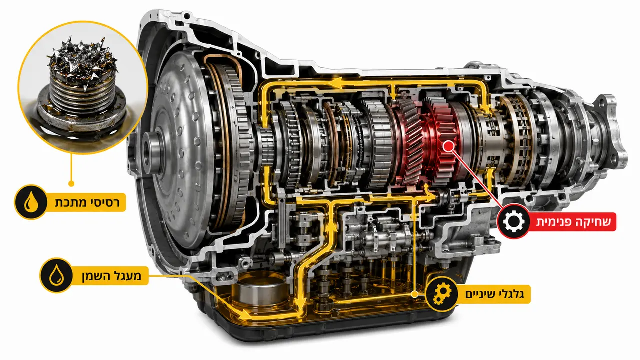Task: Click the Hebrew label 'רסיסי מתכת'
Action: coord(87,202)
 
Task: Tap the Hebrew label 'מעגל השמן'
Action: coord(112,276)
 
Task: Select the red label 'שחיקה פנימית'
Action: coord(574,222)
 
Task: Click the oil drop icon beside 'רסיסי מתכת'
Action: coord(30,202)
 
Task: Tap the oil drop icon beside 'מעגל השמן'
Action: coord(56,275)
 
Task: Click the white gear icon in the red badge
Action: coord(514,221)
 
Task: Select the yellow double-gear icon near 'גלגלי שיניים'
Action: coord(442,294)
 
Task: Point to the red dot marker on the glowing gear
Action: coord(448,146)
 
